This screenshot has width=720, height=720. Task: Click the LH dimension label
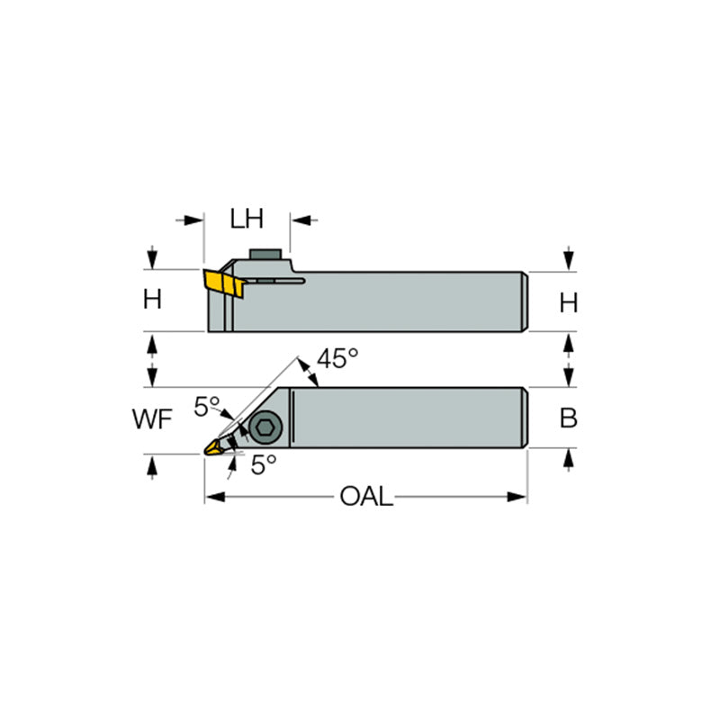pos(247,220)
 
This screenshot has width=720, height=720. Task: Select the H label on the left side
pos(152,300)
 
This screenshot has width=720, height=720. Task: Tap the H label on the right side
pos(568,303)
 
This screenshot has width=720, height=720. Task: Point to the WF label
pos(150,420)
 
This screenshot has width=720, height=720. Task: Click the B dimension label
pos(568,418)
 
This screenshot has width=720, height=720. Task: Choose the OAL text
pos(366,497)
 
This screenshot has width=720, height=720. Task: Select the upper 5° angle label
pos(207,408)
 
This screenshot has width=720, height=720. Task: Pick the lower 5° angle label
pos(263,464)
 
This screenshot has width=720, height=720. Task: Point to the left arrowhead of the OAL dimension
pos(212,497)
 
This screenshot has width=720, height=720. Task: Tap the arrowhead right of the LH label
pos(299,220)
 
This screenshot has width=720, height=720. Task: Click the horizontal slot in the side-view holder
pos(275,282)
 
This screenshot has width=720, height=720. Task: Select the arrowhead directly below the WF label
pos(151,463)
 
